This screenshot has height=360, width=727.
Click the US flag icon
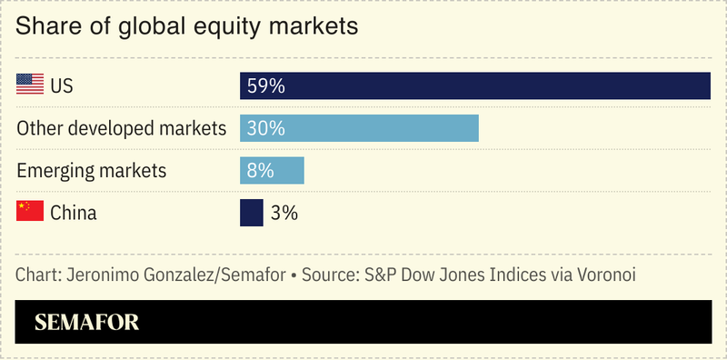(x=30, y=85)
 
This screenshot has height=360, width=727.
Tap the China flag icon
(x=30, y=213)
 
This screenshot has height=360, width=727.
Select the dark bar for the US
(x=500, y=85)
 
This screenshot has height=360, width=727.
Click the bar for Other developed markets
(x=382, y=128)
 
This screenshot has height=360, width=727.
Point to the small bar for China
(x=252, y=213)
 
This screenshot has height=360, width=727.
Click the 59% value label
(x=266, y=86)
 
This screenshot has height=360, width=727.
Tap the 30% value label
(x=266, y=128)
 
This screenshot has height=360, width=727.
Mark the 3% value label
(x=284, y=214)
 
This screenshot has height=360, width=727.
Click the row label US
(x=62, y=86)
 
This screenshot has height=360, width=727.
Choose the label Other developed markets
(x=121, y=128)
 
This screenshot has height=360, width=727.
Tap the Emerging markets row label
(x=92, y=171)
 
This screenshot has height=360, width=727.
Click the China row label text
(x=74, y=214)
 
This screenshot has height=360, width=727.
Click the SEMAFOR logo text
(x=86, y=322)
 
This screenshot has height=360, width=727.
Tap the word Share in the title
(x=45, y=27)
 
